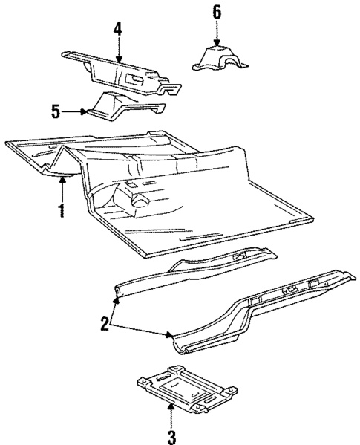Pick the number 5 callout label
tap(54, 112)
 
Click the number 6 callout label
tap(217, 13)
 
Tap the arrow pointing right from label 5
tap(74, 112)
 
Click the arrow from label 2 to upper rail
tap(114, 306)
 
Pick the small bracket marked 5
tap(119, 106)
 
